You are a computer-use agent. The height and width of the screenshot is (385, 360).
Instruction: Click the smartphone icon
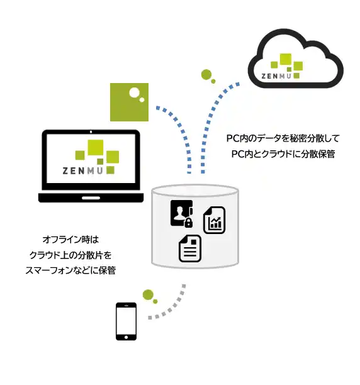coord(126,321)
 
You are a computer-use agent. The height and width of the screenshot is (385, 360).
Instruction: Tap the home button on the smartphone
coord(126,337)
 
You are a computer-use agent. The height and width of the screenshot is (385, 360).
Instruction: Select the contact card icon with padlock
coord(182,214)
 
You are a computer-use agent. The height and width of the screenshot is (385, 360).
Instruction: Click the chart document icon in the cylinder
coord(215,220)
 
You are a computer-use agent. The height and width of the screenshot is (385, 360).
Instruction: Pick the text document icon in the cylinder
coord(190,248)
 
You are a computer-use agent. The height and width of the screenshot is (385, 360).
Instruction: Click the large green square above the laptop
coord(129,102)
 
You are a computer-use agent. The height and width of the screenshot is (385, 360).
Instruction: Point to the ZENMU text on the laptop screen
coord(82,171)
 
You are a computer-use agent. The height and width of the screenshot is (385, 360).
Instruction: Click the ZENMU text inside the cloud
coord(276,76)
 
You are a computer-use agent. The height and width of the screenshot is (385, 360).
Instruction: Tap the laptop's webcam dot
coord(91,132)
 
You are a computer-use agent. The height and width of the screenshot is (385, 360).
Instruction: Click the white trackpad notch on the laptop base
coord(91,198)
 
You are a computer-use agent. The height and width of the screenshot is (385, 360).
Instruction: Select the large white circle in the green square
coord(134,92)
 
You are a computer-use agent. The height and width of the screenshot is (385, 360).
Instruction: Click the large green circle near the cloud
coord(206,74)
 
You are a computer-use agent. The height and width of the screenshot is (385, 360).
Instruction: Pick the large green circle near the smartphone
coord(148,294)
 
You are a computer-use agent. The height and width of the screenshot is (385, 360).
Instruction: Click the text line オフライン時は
coord(70,240)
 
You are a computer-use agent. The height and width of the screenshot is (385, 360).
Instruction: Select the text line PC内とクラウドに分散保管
coord(283,154)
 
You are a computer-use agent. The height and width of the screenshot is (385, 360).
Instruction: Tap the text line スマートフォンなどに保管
coord(70,271)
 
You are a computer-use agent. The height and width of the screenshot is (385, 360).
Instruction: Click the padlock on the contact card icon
coord(189,223)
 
